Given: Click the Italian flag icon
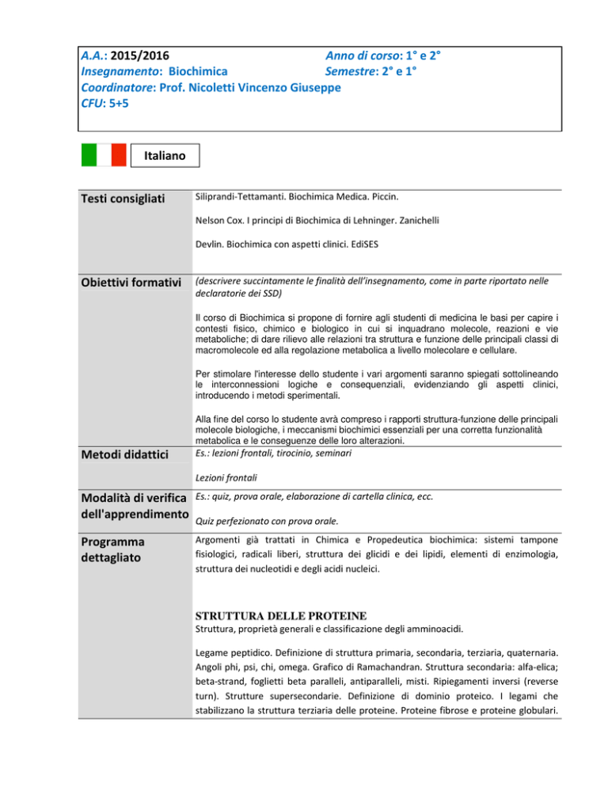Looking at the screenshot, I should pos(104,155).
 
